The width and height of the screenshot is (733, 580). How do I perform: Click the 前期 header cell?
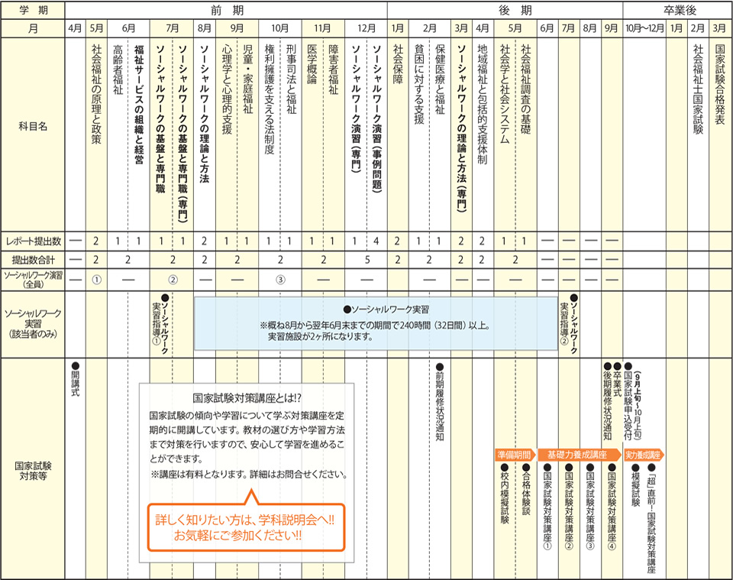[x=226, y=10]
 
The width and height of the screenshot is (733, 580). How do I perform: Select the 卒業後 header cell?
[x=677, y=10]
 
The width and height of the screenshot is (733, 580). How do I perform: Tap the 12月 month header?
[x=366, y=28]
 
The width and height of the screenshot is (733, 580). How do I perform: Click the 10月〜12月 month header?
[x=644, y=28]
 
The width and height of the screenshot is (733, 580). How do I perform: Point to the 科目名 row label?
[x=33, y=126]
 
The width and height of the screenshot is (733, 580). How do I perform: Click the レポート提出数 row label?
[x=33, y=241]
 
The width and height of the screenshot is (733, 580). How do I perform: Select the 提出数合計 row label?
[x=33, y=260]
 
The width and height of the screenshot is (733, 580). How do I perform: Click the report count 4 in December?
[x=376, y=241]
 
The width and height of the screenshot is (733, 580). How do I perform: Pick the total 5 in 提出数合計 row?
[x=367, y=260]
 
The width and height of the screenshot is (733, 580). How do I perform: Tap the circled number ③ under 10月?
[x=280, y=280]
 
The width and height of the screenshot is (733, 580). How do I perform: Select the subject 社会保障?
[x=398, y=64]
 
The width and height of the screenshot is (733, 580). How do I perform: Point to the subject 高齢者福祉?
[x=118, y=70]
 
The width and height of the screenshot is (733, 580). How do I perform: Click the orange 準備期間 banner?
[x=515, y=455]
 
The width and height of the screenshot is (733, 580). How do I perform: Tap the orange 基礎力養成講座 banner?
[x=579, y=455]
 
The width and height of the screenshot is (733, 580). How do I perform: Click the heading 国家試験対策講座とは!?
[x=247, y=398]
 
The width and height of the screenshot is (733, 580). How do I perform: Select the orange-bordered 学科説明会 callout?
[x=247, y=527]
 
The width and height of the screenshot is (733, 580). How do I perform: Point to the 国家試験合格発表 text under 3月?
[x=720, y=84]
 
